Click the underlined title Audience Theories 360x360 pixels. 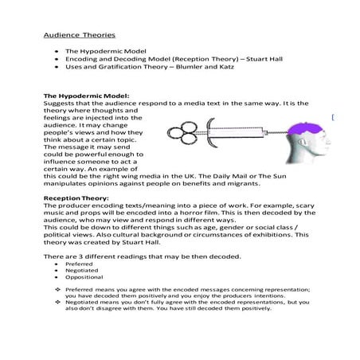[78, 35]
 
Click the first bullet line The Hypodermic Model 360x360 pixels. [101, 49]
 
